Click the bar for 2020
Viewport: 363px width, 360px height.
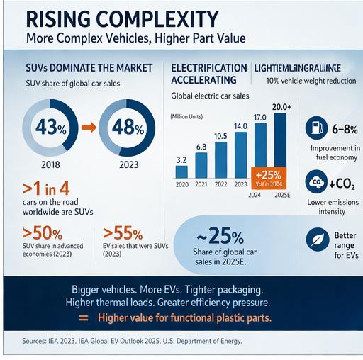tap(181, 171)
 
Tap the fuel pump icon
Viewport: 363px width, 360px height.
tap(314, 129)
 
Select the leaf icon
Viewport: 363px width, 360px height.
tap(314, 239)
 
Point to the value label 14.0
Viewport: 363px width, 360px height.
tap(240, 125)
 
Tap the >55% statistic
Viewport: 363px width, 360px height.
tap(122, 232)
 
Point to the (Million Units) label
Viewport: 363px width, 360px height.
tap(186, 116)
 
